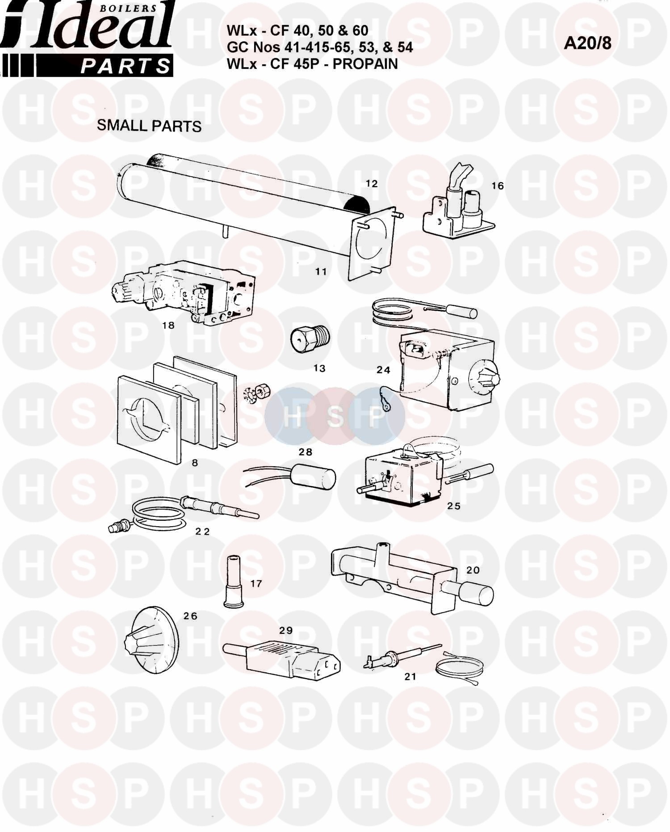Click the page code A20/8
[x=588, y=43]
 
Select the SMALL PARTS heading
[x=149, y=126]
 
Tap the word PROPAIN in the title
[x=365, y=63]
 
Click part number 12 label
[x=372, y=183]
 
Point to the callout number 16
[x=497, y=186]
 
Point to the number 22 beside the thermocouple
[x=203, y=531]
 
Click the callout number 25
[x=454, y=506]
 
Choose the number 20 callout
[x=473, y=570]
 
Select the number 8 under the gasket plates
[x=195, y=463]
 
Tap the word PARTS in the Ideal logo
[x=126, y=67]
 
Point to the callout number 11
[x=321, y=271]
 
